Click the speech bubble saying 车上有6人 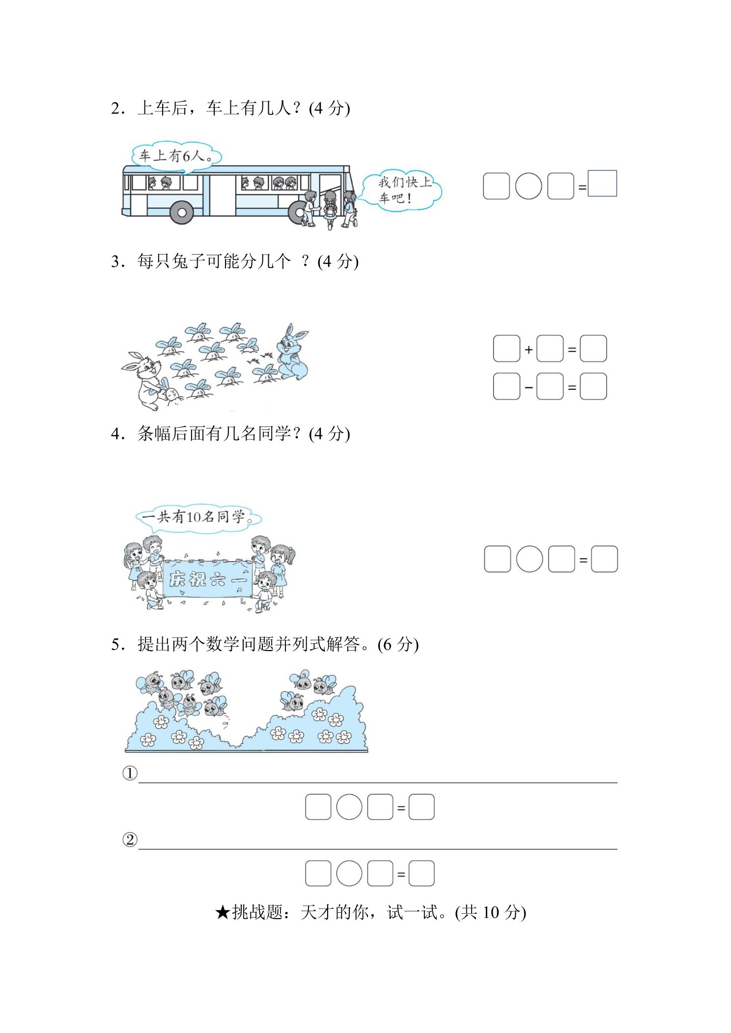tap(177, 156)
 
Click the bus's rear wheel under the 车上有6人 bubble tap(182, 213)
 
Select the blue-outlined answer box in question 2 tap(602, 183)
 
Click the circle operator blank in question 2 tap(529, 186)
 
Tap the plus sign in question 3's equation tap(529, 350)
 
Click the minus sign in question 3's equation tap(529, 387)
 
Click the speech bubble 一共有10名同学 tap(198, 517)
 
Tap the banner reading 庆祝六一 tap(207, 579)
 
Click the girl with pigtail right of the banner tap(282, 570)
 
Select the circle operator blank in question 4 tap(530, 559)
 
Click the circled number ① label tap(130, 773)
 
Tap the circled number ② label tap(130, 840)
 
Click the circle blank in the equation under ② tap(349, 873)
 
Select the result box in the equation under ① tap(422, 807)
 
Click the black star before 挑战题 tap(223, 913)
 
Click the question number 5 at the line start tap(115, 645)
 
